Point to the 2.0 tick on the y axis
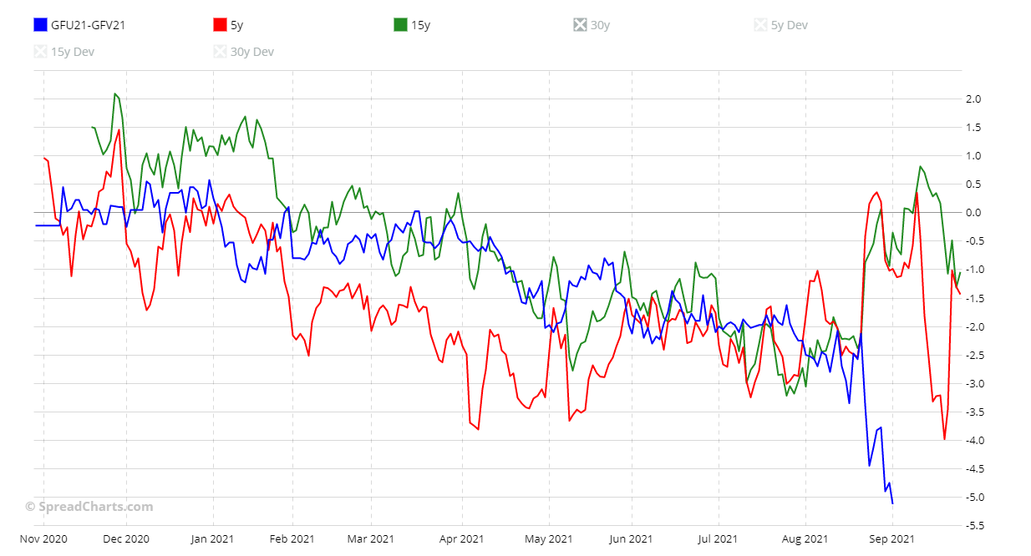tap(973, 99)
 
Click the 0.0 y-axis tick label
tap(973, 213)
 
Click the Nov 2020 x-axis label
tap(43, 539)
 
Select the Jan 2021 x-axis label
tap(212, 539)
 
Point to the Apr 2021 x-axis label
tap(461, 539)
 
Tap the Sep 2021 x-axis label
tap(891, 539)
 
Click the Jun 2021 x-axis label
tap(629, 539)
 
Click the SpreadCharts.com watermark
tap(89, 507)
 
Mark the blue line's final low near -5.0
tap(892, 503)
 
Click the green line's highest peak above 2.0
tap(115, 94)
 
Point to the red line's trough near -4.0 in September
tap(944, 439)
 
